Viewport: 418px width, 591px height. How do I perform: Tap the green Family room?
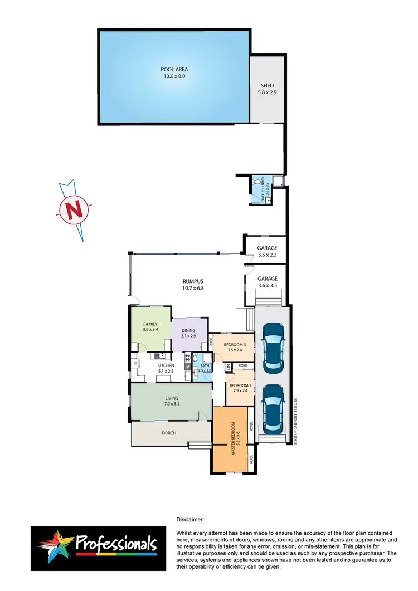click(x=150, y=329)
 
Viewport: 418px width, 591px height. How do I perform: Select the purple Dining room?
click(x=188, y=334)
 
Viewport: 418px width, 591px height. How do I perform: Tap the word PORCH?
click(x=169, y=433)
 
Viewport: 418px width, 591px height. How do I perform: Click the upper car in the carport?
click(x=274, y=349)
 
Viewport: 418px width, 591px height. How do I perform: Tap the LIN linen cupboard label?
click(x=229, y=368)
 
